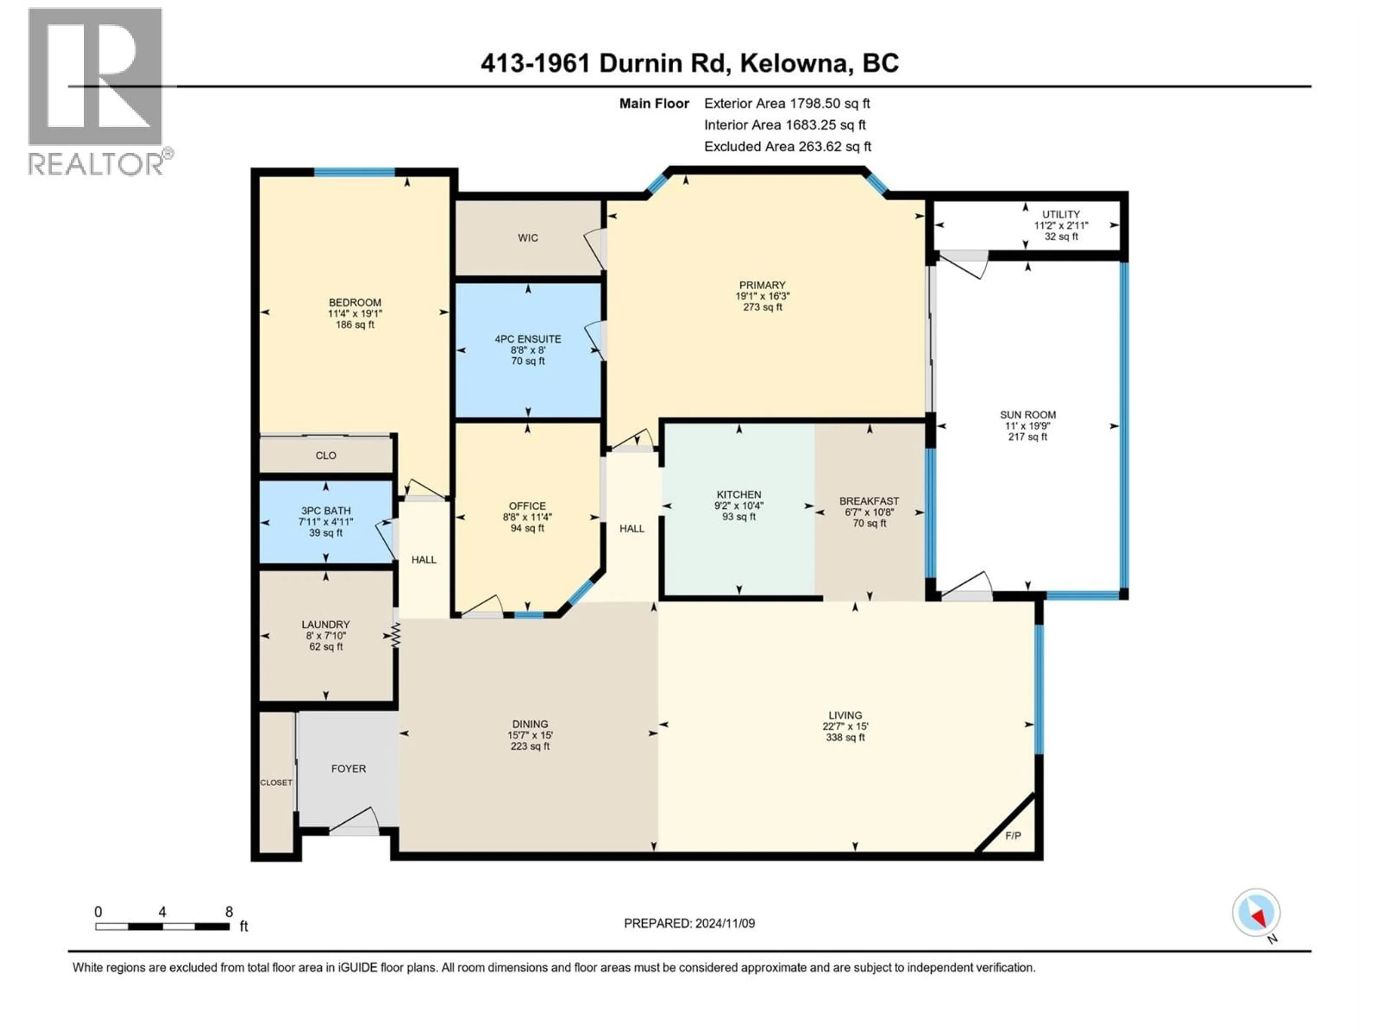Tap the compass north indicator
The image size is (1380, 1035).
(x=1256, y=913)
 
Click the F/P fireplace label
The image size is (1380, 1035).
(x=1013, y=835)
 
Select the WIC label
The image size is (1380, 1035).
(x=528, y=238)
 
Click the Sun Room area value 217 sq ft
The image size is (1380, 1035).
(x=1027, y=437)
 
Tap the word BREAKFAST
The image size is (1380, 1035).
(x=869, y=501)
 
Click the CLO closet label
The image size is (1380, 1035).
(x=326, y=455)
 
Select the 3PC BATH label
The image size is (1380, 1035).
(x=326, y=510)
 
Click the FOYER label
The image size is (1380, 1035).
(x=349, y=769)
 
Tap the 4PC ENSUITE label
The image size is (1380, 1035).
(x=528, y=339)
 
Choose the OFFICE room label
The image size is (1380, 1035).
(x=527, y=506)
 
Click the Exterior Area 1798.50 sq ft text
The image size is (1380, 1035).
(x=787, y=103)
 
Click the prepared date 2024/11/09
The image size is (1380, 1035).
(x=724, y=923)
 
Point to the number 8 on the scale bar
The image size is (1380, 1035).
(x=229, y=911)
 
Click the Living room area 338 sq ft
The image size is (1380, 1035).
(x=845, y=737)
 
